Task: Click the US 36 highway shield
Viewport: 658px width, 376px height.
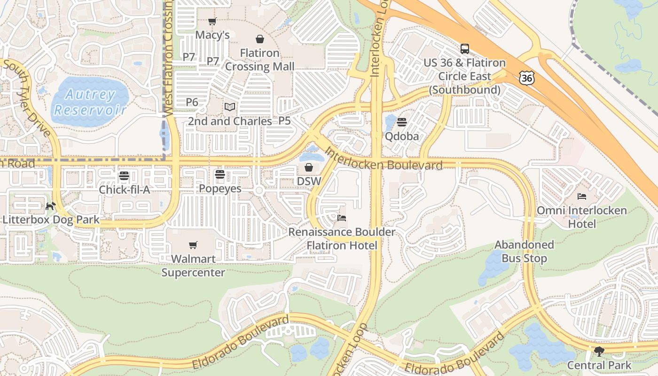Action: click(x=527, y=78)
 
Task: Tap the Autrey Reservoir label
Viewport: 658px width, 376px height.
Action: click(x=90, y=102)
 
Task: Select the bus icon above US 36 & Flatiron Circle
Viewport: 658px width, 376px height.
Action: click(x=464, y=49)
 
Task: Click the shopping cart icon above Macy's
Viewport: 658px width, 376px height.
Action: click(x=212, y=22)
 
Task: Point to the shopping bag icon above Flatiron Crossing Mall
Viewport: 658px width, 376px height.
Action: click(x=259, y=39)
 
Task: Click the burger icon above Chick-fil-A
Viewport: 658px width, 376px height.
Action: click(x=124, y=176)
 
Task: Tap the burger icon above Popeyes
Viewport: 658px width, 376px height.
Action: click(x=219, y=175)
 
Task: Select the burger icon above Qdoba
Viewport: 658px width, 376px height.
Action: click(x=401, y=123)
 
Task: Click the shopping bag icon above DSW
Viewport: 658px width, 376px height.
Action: click(x=309, y=167)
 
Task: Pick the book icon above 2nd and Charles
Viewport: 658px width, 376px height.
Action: click(x=229, y=107)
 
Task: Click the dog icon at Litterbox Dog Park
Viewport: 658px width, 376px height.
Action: click(x=51, y=206)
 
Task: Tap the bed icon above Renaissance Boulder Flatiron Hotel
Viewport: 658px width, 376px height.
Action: click(x=342, y=218)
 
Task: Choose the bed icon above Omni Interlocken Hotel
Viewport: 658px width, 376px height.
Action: click(x=582, y=196)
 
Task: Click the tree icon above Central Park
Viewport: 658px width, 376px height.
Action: click(x=599, y=351)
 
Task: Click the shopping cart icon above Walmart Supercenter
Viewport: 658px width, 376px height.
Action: click(x=193, y=245)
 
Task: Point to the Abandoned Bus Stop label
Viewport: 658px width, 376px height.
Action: click(x=524, y=251)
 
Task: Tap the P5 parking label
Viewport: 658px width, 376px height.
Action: click(x=284, y=121)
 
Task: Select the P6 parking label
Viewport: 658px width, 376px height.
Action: click(x=192, y=102)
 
